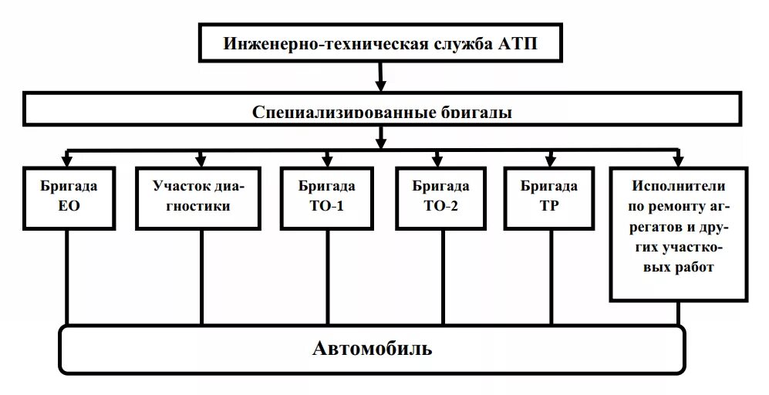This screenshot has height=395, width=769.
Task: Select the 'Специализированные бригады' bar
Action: [x=382, y=110]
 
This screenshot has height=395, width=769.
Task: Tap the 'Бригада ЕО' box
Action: [x=69, y=197]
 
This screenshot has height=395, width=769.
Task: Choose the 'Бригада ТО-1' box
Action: [x=327, y=197]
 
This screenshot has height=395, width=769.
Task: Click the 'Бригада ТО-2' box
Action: [x=440, y=197]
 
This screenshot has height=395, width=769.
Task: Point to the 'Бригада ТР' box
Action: [x=548, y=197]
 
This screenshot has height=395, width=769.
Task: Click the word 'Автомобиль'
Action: [x=372, y=349]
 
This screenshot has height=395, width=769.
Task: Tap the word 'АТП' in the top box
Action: [x=514, y=42]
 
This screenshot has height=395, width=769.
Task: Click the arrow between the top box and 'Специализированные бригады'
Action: [x=379, y=77]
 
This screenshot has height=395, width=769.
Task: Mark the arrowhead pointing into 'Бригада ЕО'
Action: [x=68, y=160]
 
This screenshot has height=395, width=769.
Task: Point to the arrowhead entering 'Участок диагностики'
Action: [x=201, y=160]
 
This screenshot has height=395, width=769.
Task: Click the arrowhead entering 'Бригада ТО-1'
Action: [x=327, y=160]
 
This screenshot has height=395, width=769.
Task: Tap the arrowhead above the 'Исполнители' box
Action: [x=678, y=160]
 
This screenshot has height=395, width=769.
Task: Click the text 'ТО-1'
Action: [x=327, y=207]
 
